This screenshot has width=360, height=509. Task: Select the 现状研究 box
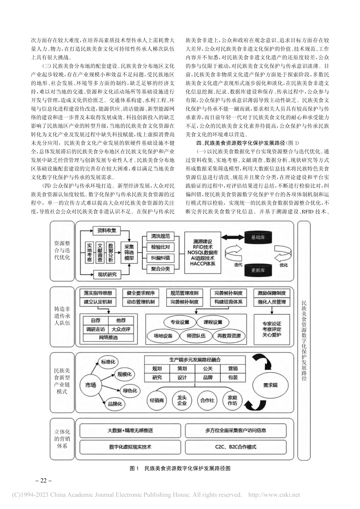106,274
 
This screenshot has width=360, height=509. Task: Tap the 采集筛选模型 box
129,252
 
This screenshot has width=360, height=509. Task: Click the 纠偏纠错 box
160,258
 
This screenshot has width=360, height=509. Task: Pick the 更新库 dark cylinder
258,270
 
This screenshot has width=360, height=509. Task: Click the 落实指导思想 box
98,293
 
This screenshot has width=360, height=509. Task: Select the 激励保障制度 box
272,293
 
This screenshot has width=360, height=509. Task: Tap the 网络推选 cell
109,337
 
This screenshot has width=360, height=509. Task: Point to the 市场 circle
91,385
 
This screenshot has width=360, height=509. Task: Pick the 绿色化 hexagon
130,390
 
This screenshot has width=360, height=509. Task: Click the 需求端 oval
271,385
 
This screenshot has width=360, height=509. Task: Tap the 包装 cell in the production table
233,377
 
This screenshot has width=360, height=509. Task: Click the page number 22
43,481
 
